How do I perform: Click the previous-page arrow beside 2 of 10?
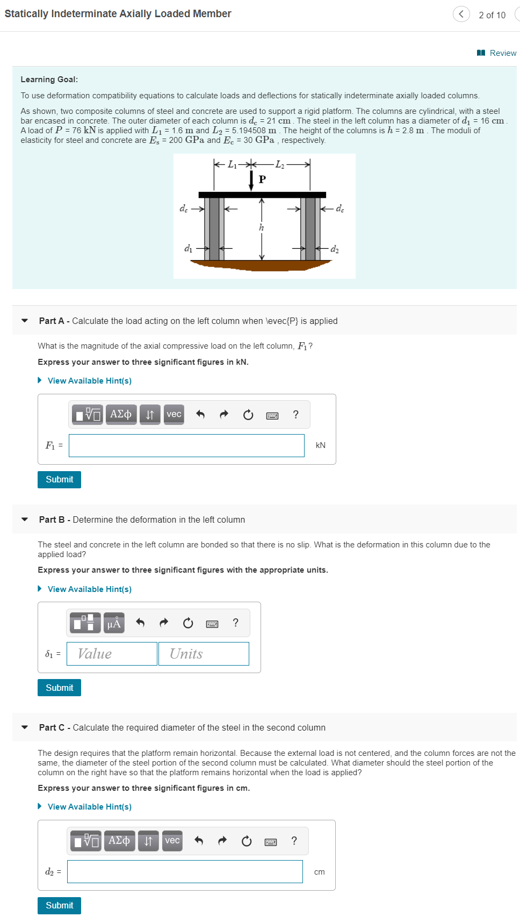[461, 14]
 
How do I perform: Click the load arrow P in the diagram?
[251, 181]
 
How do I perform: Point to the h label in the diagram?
[262, 227]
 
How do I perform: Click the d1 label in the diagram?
[188, 248]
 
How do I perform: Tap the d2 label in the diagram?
[335, 249]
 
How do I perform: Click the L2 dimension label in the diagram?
[280, 164]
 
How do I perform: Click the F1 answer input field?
[186, 445]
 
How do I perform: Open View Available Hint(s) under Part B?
[89, 589]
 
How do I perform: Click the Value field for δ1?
[112, 654]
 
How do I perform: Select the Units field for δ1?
[204, 654]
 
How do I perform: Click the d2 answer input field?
[185, 871]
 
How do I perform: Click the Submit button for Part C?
[59, 905]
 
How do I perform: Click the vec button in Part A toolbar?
[174, 414]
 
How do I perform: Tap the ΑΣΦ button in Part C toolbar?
[119, 841]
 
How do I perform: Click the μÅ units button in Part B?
[114, 623]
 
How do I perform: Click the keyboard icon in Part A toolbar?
[272, 415]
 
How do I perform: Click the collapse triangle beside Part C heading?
[25, 727]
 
